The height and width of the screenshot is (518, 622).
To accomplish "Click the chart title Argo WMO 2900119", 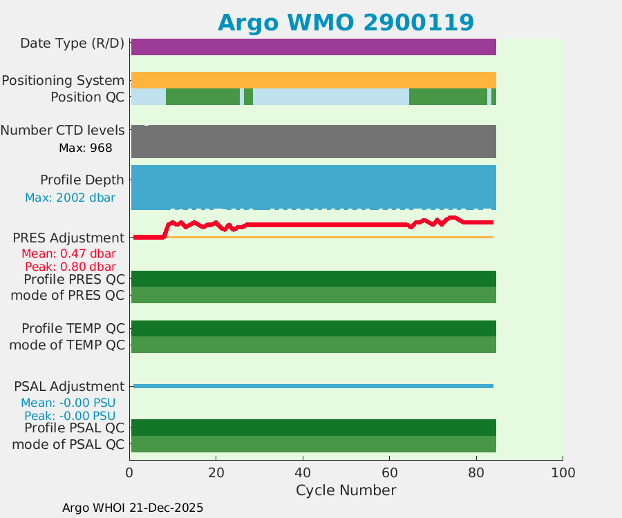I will [x=346, y=22].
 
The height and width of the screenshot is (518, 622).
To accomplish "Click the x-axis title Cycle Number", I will [x=346, y=490].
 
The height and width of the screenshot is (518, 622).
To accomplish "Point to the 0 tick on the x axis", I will [x=129, y=472].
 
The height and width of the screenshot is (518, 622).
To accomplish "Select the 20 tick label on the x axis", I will [x=216, y=472].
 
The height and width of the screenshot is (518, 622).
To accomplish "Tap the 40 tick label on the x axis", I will [x=303, y=472].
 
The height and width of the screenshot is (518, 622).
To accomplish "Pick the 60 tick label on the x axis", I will [x=390, y=472].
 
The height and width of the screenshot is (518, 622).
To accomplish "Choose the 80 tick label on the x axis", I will [x=476, y=472].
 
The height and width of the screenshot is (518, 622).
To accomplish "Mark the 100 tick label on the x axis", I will [x=563, y=472].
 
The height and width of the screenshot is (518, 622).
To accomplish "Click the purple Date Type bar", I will [x=313, y=47].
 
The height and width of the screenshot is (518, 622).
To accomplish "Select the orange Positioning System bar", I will [x=313, y=80].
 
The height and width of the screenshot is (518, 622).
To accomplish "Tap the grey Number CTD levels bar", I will [x=313, y=142].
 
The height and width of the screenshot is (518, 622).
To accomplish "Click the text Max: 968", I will [x=86, y=148].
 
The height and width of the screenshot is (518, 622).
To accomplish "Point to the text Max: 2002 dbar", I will [x=70, y=198].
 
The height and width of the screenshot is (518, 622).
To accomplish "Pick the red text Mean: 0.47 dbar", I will [x=68, y=253].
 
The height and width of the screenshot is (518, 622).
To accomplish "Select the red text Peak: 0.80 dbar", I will [x=70, y=267].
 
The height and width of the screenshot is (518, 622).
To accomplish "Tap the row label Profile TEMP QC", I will [x=73, y=328].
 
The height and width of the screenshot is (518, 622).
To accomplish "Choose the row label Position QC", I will [x=87, y=97].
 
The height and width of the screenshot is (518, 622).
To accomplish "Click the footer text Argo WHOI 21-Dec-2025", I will [x=133, y=508].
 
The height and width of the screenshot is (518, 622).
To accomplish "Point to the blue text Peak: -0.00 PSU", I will [x=70, y=416].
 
